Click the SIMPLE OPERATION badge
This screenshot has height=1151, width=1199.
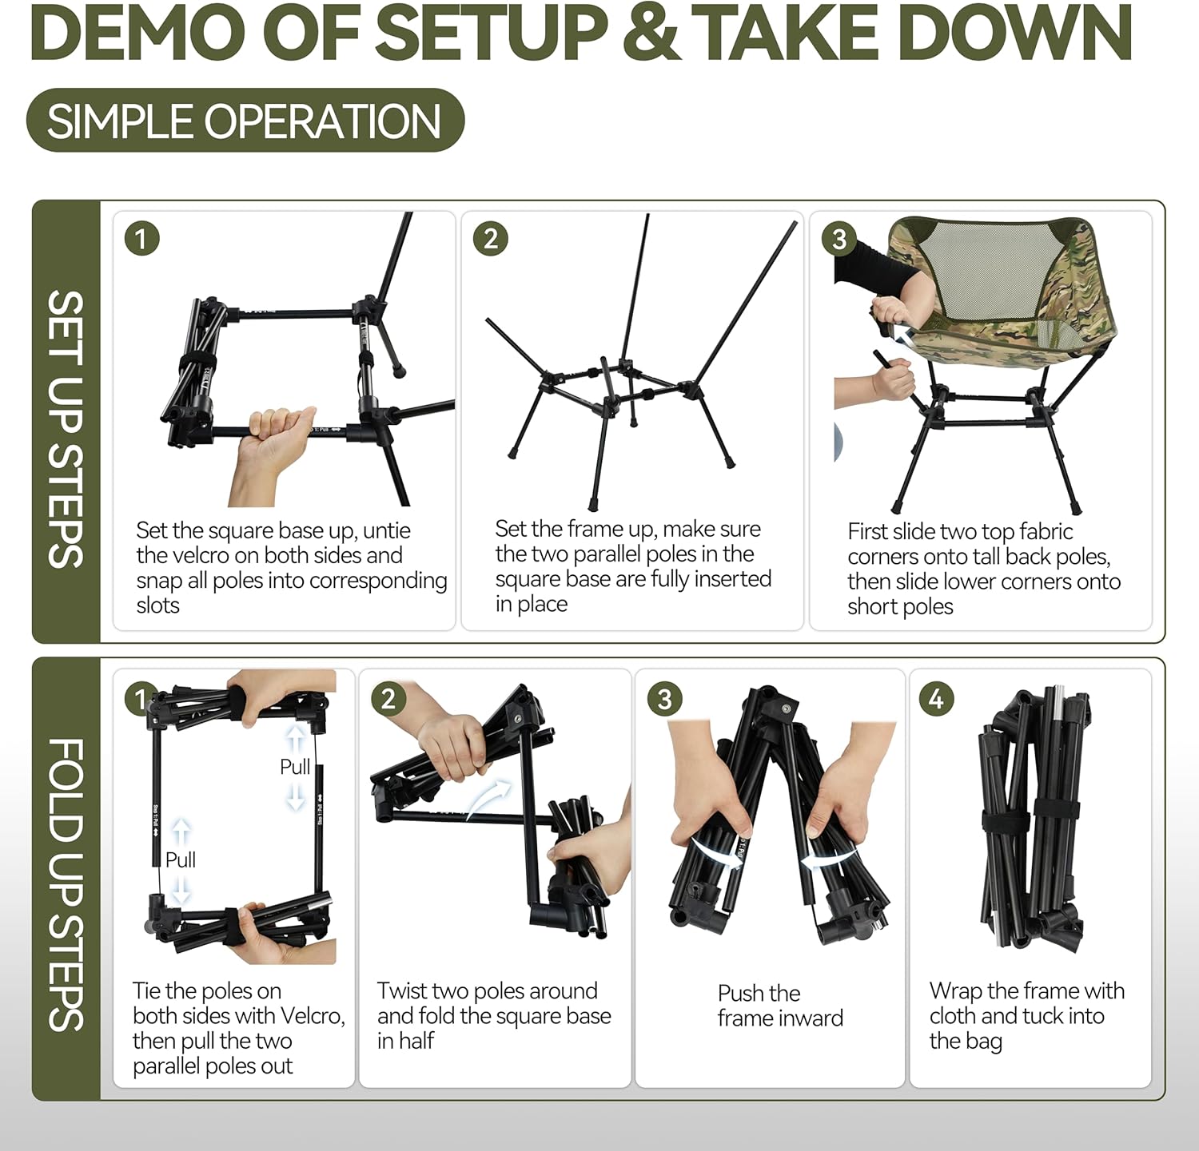(x=245, y=121)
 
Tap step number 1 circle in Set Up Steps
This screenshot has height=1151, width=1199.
(x=142, y=239)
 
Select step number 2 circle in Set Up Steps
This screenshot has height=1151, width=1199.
(x=491, y=239)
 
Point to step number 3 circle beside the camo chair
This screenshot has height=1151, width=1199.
(x=839, y=239)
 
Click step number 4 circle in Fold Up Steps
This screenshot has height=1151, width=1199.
(x=936, y=700)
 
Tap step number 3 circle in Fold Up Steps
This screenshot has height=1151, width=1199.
(x=664, y=700)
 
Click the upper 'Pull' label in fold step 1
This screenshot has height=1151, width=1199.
(x=295, y=767)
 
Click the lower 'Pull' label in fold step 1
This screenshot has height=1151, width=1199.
(x=181, y=859)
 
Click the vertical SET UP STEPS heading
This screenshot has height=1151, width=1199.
(x=66, y=429)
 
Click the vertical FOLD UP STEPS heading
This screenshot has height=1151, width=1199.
(x=66, y=883)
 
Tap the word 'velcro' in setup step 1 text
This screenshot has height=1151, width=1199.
(x=221, y=555)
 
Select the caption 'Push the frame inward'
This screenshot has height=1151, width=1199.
(x=779, y=1006)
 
